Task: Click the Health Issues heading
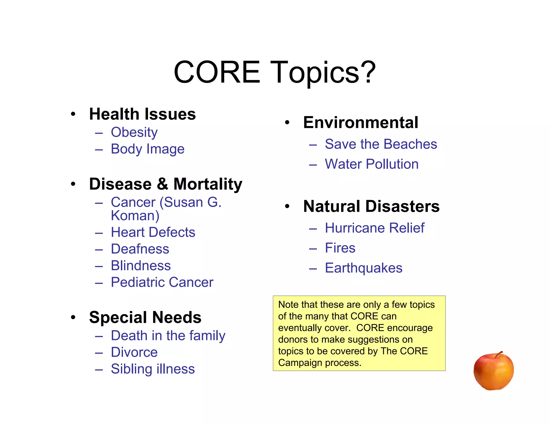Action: pyautogui.click(x=142, y=114)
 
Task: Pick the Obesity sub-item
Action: pyautogui.click(x=134, y=132)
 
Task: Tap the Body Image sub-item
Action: pyautogui.click(x=147, y=149)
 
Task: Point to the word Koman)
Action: pyautogui.click(x=135, y=216)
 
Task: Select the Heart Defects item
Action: pyautogui.click(x=153, y=232)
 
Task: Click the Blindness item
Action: pyautogui.click(x=141, y=266)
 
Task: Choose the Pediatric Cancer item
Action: pyautogui.click(x=162, y=282)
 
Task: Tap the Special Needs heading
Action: pyautogui.click(x=145, y=317)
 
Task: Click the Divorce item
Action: pyautogui.click(x=134, y=352)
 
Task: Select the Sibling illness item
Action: pyautogui.click(x=153, y=369)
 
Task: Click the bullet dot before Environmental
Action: pyautogui.click(x=287, y=123)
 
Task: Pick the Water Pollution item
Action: pyautogui.click(x=371, y=164)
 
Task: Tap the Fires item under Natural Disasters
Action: pyautogui.click(x=340, y=248)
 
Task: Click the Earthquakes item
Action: pyautogui.click(x=363, y=268)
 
